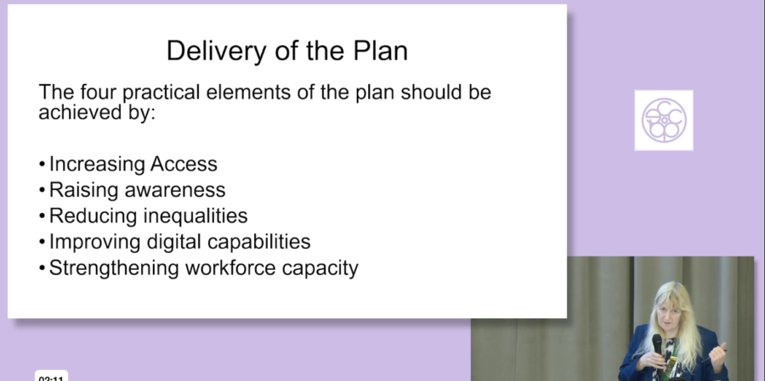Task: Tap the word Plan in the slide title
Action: (381, 50)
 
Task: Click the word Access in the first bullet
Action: (184, 164)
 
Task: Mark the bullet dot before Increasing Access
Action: (42, 164)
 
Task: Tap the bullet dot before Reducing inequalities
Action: (42, 216)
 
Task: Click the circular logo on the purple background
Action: (664, 120)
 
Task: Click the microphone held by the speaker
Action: (657, 346)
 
